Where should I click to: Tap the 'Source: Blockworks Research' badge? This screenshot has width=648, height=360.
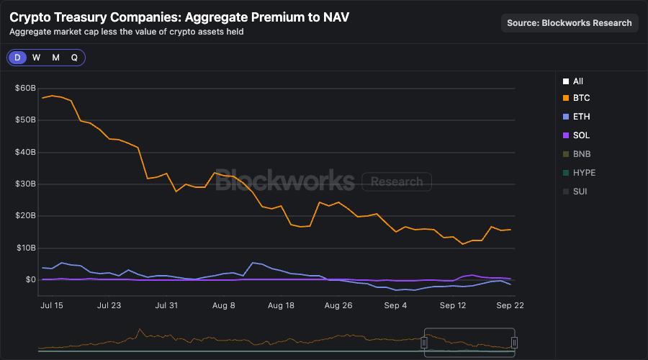click(570, 23)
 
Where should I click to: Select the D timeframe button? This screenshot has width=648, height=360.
click(17, 58)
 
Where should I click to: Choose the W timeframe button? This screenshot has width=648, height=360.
click(36, 58)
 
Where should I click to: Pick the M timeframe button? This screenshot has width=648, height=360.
click(55, 58)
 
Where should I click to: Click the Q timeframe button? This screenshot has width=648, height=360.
click(74, 58)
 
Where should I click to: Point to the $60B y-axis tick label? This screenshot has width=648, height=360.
click(25, 88)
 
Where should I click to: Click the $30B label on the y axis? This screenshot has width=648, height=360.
click(25, 184)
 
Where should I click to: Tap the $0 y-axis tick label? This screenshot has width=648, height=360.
click(30, 279)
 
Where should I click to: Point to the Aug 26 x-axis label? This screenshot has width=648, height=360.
click(338, 305)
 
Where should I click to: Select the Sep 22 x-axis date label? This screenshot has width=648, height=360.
click(510, 305)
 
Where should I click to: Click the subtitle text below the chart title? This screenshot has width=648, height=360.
click(126, 32)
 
